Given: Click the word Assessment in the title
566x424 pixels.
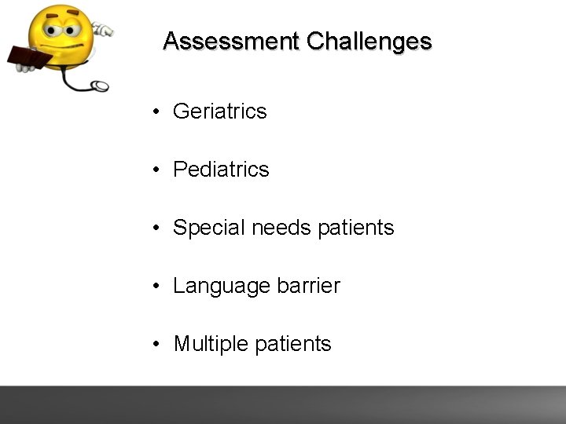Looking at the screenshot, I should coord(231,41).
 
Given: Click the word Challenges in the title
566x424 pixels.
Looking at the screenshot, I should coord(369,41).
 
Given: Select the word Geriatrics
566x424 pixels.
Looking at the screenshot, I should coord(219,111).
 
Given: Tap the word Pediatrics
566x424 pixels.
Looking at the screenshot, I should coord(221,170).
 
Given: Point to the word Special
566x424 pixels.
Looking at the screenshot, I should coord(208,228).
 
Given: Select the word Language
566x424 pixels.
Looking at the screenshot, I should coord(221,286).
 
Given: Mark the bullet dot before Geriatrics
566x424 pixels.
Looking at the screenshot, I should coord(158,112).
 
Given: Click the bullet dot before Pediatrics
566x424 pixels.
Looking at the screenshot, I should coord(158,170).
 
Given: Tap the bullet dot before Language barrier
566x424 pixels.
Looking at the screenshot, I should coord(158,287).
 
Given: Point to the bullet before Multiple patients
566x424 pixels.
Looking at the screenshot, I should coord(158,345).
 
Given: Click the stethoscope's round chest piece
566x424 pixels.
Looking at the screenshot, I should coord(100,86).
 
